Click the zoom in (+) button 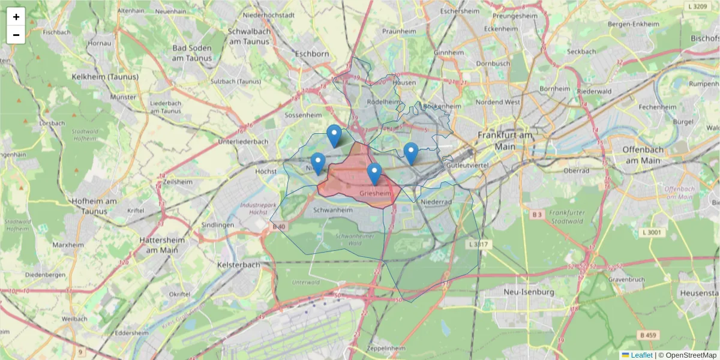(x=16, y=17)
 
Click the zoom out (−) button (x=16, y=35)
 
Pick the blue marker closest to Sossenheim (x=334, y=136)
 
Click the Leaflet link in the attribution (x=641, y=355)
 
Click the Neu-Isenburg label (x=521, y=292)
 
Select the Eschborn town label (x=312, y=54)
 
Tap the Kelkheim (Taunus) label (x=105, y=77)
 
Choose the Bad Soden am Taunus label (x=192, y=53)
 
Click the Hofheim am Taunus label (x=93, y=206)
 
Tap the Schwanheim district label (x=332, y=211)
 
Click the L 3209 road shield (x=699, y=6)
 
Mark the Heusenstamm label (x=699, y=292)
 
